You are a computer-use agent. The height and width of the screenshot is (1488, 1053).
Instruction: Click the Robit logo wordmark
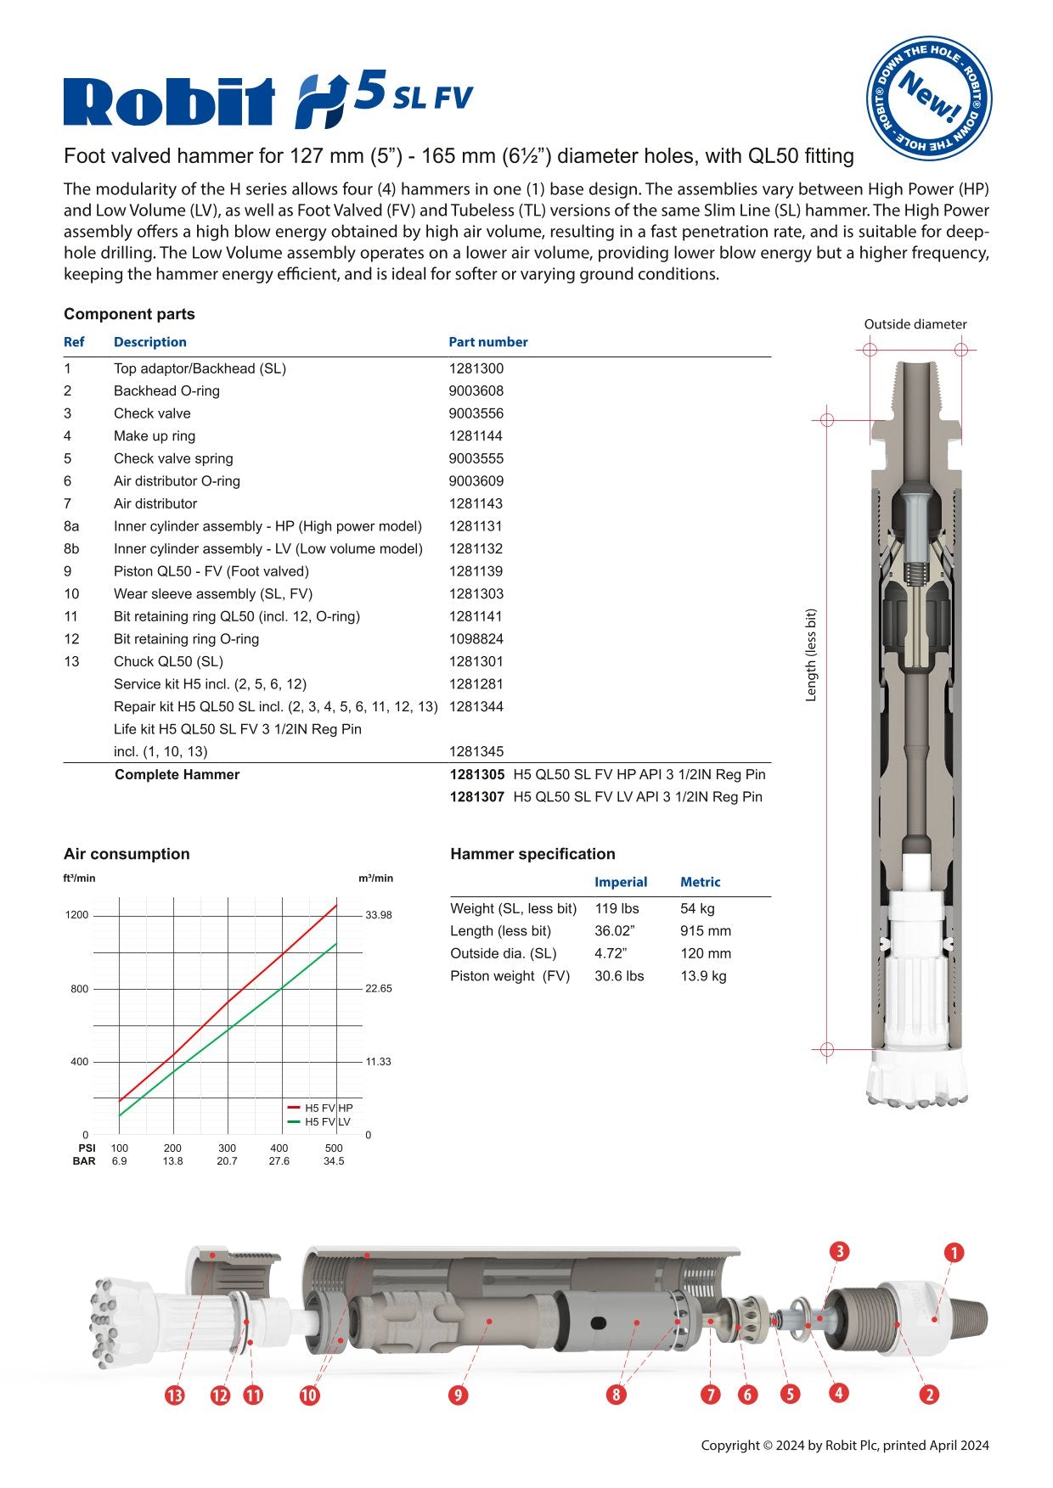pos(170,102)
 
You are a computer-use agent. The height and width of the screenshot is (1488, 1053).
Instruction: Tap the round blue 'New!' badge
pos(929,98)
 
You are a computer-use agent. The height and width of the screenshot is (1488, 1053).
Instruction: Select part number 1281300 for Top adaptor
pos(476,368)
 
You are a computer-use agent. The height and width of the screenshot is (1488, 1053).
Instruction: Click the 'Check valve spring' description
pos(173,458)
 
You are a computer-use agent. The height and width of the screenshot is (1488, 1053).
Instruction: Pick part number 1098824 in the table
pos(476,639)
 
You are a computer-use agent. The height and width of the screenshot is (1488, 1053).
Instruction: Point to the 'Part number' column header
pos(487,342)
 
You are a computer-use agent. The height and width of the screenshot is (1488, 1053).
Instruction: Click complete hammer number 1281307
pos(476,797)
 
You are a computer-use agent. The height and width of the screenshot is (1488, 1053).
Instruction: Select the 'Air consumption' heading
pos(127,854)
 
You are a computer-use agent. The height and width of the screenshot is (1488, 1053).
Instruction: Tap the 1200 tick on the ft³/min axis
pos(77,915)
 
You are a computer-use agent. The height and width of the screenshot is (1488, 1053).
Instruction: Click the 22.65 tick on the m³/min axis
pos(379,989)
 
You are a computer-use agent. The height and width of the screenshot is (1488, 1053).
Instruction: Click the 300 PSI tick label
pos(227,1148)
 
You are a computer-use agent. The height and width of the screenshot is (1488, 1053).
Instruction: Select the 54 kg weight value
pos(697,909)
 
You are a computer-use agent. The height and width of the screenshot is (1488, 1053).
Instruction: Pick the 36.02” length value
pos(614,931)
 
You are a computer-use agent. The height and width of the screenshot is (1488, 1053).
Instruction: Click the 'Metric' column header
pos(700,882)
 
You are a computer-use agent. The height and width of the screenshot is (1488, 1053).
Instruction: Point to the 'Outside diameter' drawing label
pos(915,324)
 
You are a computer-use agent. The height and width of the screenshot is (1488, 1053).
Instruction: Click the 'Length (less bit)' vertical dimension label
pos(811,654)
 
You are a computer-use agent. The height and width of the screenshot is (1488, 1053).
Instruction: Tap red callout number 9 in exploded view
pos(458,1395)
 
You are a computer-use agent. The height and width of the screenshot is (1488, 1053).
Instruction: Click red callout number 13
pos(174,1395)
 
